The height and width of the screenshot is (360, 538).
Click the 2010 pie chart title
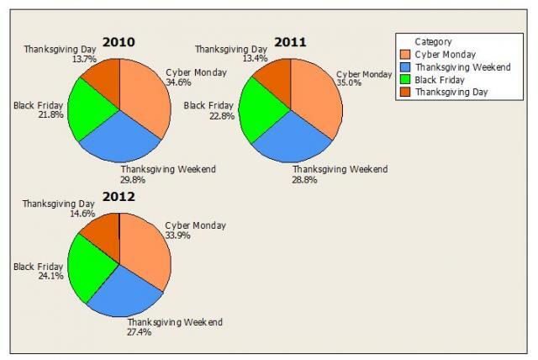pos(119,42)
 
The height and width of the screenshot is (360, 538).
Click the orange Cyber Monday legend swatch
pos(406,55)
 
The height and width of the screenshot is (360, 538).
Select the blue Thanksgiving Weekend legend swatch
pos(406,66)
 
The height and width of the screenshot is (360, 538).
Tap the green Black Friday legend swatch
pos(406,79)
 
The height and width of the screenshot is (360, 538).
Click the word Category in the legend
pos(433,41)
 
